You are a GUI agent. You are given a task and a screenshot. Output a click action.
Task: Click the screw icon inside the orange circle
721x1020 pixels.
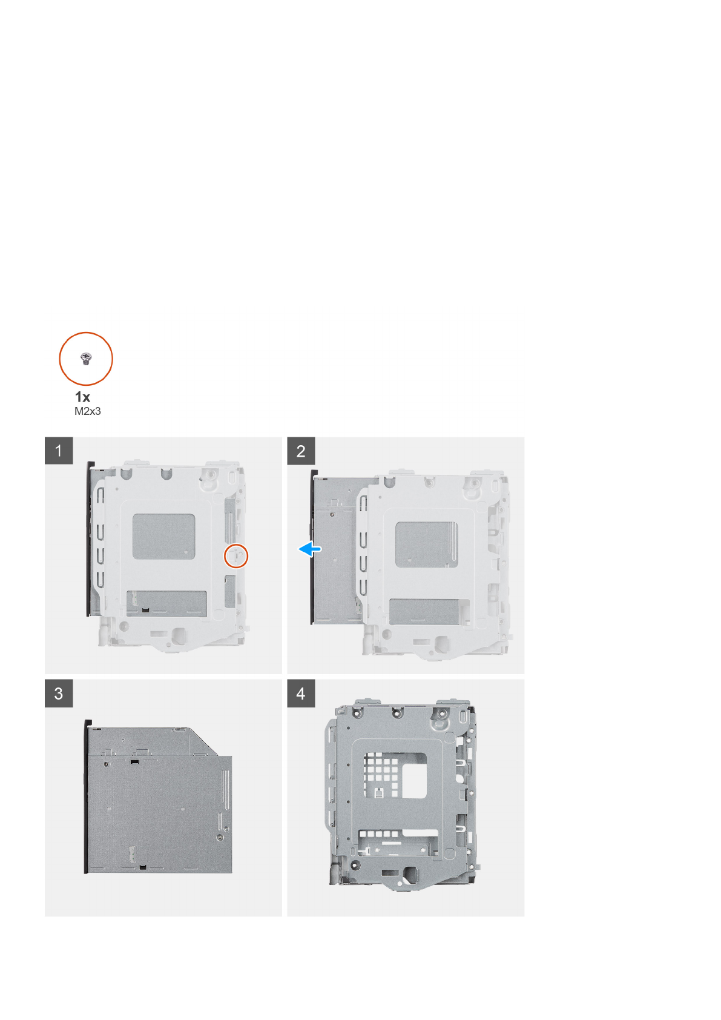click(x=85, y=359)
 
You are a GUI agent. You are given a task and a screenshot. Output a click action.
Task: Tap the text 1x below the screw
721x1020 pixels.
click(x=82, y=397)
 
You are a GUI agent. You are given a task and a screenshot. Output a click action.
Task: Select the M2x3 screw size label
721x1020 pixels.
click(x=88, y=411)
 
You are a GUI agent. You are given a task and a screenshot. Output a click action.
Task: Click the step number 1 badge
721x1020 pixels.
click(x=59, y=451)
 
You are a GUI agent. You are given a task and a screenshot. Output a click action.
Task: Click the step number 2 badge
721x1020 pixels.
click(x=301, y=451)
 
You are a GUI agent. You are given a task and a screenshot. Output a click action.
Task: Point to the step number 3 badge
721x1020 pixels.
click(x=59, y=694)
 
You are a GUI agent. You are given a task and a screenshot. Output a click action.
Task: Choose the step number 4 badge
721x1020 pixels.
click(x=301, y=694)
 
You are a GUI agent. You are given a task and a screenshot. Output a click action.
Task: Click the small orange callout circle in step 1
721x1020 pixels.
click(x=236, y=555)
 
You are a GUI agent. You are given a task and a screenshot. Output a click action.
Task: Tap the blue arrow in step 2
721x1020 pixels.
click(x=311, y=549)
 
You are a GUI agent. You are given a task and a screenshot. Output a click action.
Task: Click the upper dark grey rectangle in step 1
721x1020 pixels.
click(x=163, y=537)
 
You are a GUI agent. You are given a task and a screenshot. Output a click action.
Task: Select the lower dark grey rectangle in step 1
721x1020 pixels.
click(x=167, y=602)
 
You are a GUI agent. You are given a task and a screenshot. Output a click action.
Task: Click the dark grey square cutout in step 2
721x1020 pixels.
click(x=426, y=545)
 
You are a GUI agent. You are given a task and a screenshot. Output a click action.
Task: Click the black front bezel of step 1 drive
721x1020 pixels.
click(x=90, y=539)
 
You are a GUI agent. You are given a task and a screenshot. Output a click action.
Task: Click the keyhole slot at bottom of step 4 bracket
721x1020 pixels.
click(x=412, y=873)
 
